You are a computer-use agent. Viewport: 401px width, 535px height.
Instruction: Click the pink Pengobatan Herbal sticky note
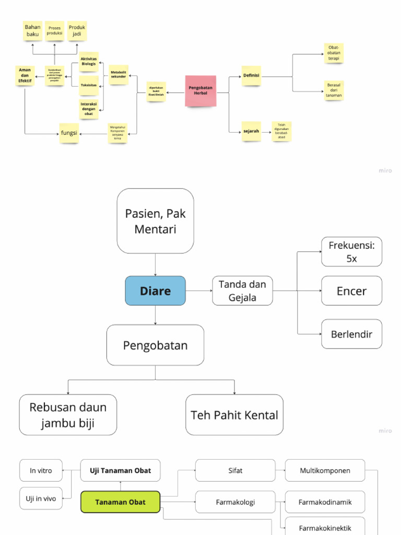point(200,91)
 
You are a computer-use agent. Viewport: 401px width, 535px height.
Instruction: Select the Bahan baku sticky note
point(33,31)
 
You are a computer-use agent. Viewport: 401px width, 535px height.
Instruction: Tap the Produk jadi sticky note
point(77,31)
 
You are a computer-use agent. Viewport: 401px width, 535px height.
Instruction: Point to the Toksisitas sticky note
point(89,85)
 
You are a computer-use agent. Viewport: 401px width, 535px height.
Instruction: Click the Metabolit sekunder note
point(119,74)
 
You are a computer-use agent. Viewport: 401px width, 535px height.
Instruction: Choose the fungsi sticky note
point(69,134)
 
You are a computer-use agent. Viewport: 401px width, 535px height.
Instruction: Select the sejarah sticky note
point(251,132)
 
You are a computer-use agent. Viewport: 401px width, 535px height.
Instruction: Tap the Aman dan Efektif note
point(25,75)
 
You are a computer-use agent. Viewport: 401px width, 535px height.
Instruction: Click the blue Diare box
point(155,291)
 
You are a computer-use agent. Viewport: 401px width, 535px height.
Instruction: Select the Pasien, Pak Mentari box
point(155,221)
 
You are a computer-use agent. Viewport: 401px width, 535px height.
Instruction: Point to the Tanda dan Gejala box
point(242,291)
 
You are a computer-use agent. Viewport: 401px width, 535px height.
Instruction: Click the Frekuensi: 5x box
point(351,251)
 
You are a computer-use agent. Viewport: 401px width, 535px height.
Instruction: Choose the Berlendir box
point(351,334)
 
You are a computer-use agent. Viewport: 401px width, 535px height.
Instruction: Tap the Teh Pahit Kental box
point(234,415)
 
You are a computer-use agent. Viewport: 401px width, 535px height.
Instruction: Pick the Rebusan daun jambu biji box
point(68,415)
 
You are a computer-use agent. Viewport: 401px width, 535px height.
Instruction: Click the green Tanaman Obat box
point(120,503)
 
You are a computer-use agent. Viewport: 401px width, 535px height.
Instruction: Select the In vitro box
point(41,470)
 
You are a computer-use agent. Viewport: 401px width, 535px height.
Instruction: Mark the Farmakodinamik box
point(325,502)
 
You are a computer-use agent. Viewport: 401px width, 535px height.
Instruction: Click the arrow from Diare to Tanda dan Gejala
point(199,291)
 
